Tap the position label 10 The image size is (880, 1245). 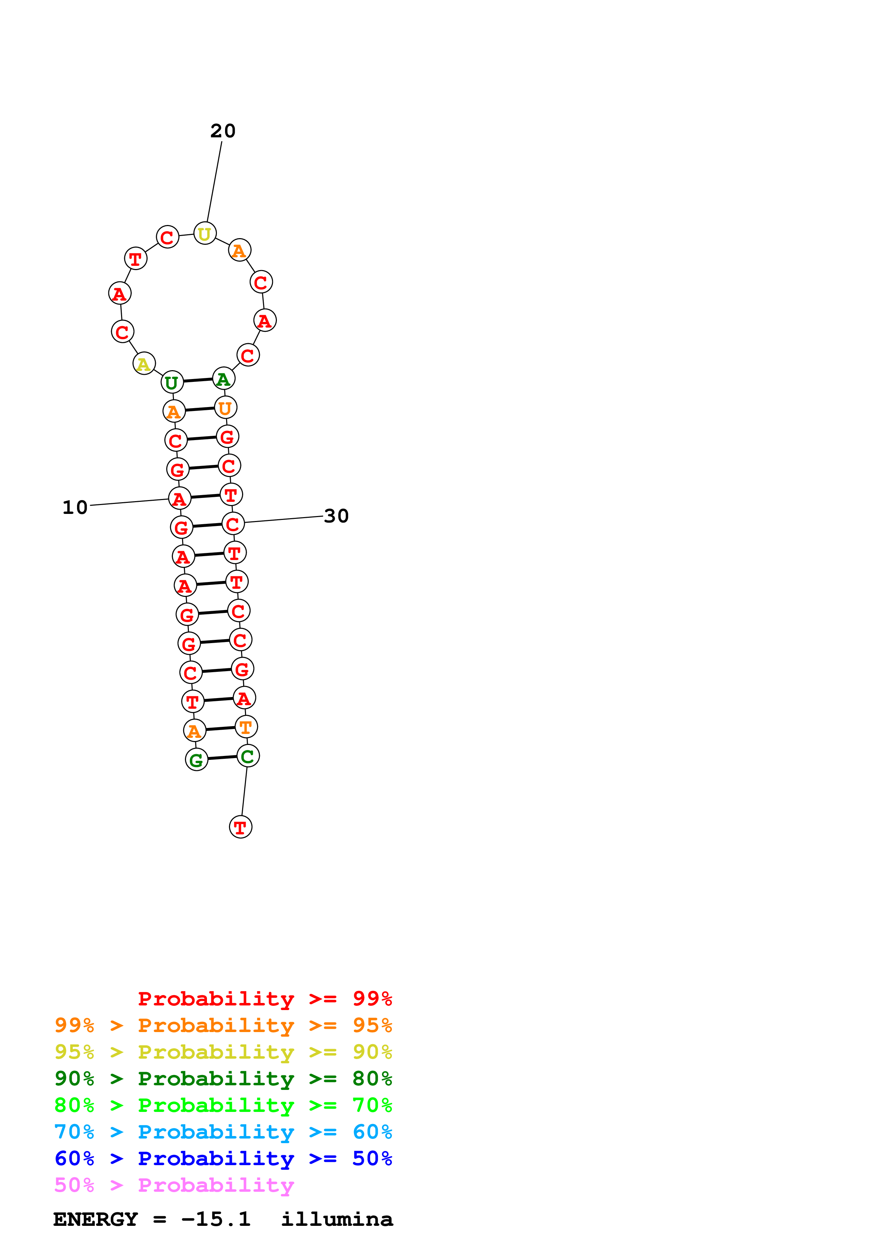(x=75, y=508)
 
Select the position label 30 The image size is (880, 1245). (x=336, y=516)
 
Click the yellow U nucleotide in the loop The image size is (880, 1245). (x=204, y=234)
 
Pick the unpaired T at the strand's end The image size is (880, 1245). (x=240, y=827)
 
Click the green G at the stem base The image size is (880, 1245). (x=196, y=760)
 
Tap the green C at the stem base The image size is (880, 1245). (x=248, y=756)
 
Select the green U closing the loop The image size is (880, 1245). (x=172, y=382)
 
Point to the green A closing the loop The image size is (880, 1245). (x=223, y=378)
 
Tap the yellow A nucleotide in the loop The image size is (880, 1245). (x=144, y=363)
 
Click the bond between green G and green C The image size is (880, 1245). (x=222, y=757)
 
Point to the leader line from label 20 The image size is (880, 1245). (x=214, y=182)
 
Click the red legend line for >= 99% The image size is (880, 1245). (x=264, y=998)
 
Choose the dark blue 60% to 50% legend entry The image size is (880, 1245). (x=223, y=1158)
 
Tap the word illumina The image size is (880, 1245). (x=337, y=1219)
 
